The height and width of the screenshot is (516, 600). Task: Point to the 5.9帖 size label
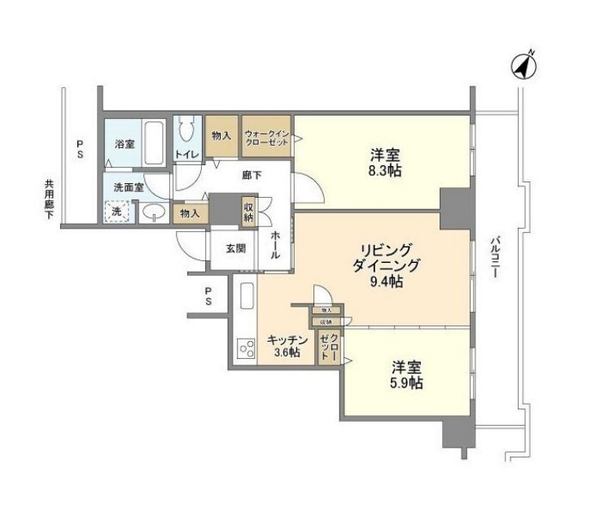(405, 383)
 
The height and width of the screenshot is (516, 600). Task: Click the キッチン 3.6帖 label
(287, 346)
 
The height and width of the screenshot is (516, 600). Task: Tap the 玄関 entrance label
(235, 248)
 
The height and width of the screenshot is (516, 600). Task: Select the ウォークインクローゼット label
(267, 136)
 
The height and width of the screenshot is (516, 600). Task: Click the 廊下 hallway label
(251, 173)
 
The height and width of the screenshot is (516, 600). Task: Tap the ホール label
(276, 243)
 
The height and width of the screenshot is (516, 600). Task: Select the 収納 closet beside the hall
(248, 212)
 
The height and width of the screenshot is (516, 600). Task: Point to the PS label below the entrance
(209, 295)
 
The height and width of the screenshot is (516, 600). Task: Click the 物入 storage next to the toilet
(221, 135)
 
